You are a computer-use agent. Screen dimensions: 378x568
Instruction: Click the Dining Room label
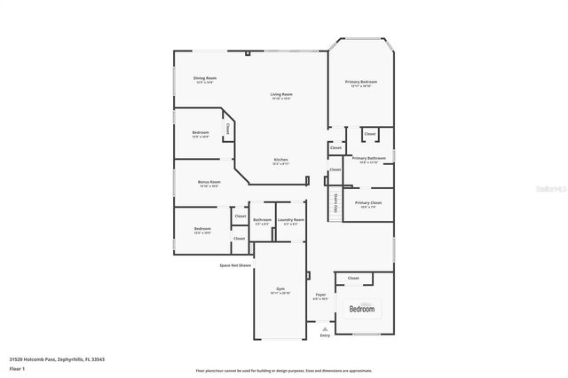(205, 78)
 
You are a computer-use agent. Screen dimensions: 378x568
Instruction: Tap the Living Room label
(281, 94)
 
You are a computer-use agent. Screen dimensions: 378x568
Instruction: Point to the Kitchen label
(280, 159)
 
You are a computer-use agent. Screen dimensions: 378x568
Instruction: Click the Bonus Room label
(209, 182)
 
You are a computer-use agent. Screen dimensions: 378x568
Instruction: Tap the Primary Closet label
(368, 202)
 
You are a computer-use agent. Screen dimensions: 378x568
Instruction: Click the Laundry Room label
(290, 219)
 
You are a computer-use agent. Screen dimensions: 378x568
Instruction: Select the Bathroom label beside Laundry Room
(262, 219)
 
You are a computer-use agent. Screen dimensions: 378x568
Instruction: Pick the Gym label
(280, 290)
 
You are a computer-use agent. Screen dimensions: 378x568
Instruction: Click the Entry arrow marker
(325, 327)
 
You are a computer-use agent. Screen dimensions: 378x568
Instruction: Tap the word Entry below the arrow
(325, 335)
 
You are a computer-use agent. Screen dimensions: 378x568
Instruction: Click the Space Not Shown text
(235, 264)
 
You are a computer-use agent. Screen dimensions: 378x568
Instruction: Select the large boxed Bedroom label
(361, 309)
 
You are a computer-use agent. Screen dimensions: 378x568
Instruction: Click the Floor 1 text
(18, 368)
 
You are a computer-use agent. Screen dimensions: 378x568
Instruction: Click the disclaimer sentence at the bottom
(284, 370)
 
